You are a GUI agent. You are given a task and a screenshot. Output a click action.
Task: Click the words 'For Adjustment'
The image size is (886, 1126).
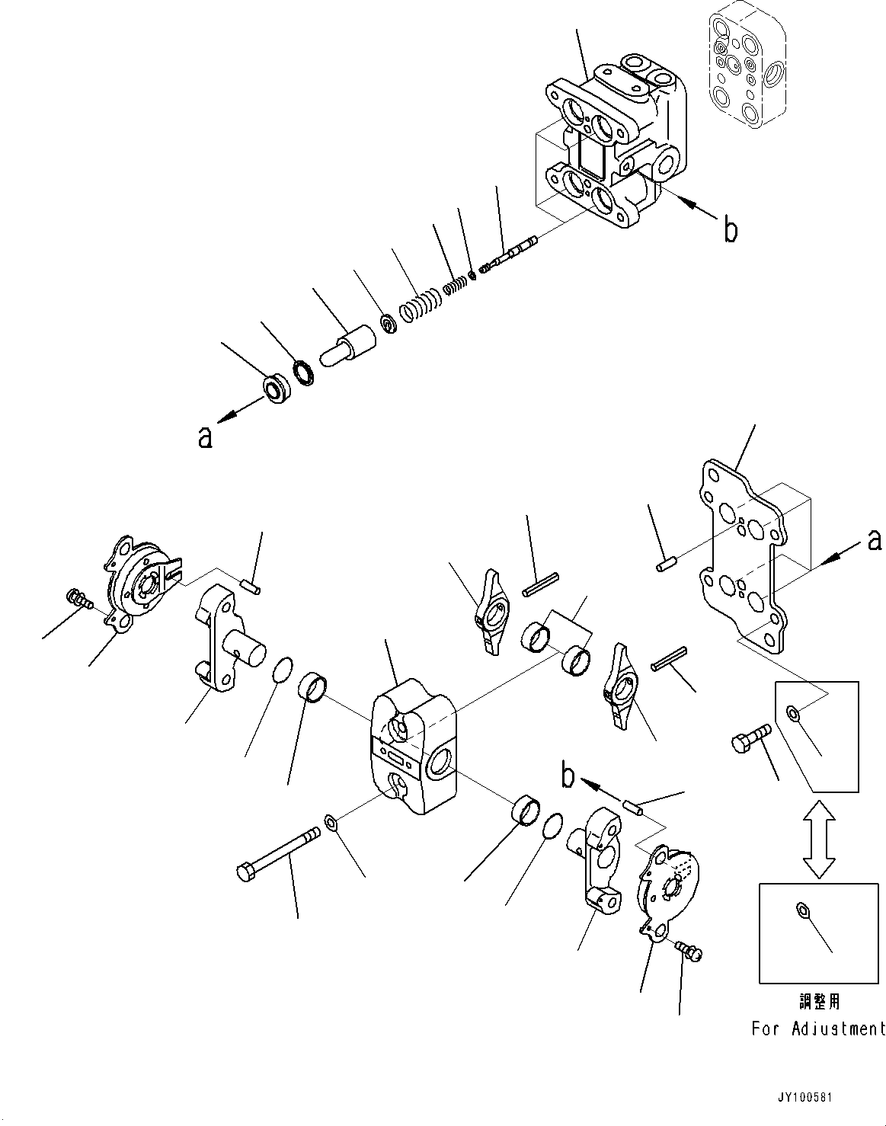coord(818,1029)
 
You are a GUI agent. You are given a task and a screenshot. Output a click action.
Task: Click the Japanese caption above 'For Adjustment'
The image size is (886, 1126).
coord(817,1001)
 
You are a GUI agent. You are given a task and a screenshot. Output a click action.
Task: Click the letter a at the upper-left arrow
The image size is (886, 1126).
coord(205,438)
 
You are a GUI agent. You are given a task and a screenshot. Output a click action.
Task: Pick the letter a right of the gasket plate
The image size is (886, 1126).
coord(875,540)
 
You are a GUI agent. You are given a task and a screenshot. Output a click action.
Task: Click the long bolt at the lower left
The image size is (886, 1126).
coord(278,853)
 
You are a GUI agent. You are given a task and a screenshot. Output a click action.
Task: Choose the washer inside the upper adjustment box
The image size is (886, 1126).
coord(793,713)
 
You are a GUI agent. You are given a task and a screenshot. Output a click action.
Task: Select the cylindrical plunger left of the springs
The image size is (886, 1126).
coord(349,345)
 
